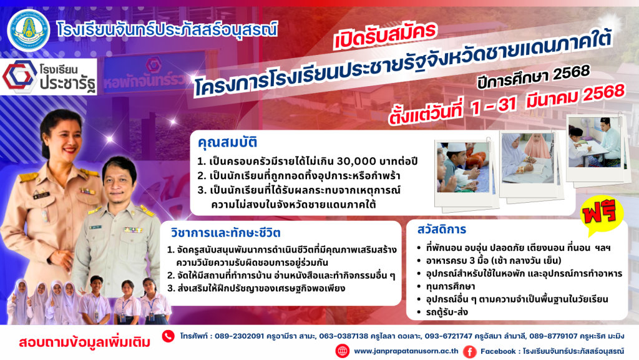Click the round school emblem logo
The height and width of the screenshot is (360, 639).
[x=29, y=30]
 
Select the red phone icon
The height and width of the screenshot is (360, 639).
[x=168, y=336]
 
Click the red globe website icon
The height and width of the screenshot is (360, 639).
[x=343, y=351]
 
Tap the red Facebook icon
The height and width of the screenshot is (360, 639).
[x=469, y=351]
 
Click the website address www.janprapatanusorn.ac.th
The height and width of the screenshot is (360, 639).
[x=406, y=351]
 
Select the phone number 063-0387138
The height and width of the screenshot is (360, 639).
[x=344, y=336]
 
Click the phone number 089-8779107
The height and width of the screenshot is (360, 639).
[x=553, y=336]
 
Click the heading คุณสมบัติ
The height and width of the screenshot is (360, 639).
[x=227, y=142]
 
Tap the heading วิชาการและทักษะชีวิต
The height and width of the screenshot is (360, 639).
[x=225, y=233]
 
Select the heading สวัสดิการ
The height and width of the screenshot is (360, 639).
[x=441, y=229]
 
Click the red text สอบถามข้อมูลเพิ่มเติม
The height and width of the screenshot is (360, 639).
[x=84, y=342]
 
